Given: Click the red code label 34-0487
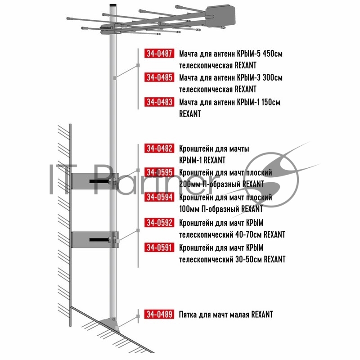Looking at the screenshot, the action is [x=159, y=53].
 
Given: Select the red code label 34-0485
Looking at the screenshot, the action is [x=159, y=77].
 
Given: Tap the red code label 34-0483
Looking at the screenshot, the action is [x=159, y=102].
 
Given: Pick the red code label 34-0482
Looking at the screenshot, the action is [x=159, y=148].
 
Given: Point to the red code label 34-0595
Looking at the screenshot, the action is [x=159, y=172].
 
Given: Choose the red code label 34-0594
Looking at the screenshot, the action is [x=159, y=197].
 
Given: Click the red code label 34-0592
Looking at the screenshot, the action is [x=159, y=222].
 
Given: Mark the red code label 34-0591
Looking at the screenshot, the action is [x=159, y=247].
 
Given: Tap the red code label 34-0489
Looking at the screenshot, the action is [x=159, y=314].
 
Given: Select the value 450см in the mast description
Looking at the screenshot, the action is [x=273, y=54].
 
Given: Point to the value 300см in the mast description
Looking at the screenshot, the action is [x=273, y=77].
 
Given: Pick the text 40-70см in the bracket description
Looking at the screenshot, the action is [x=249, y=234].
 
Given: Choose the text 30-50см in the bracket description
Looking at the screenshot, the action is [x=249, y=259].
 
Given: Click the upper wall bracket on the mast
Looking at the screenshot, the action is [x=95, y=181].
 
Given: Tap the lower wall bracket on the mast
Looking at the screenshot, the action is [x=95, y=240].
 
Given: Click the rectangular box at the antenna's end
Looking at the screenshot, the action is [x=220, y=16].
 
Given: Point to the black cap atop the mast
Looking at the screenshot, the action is [x=113, y=5].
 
